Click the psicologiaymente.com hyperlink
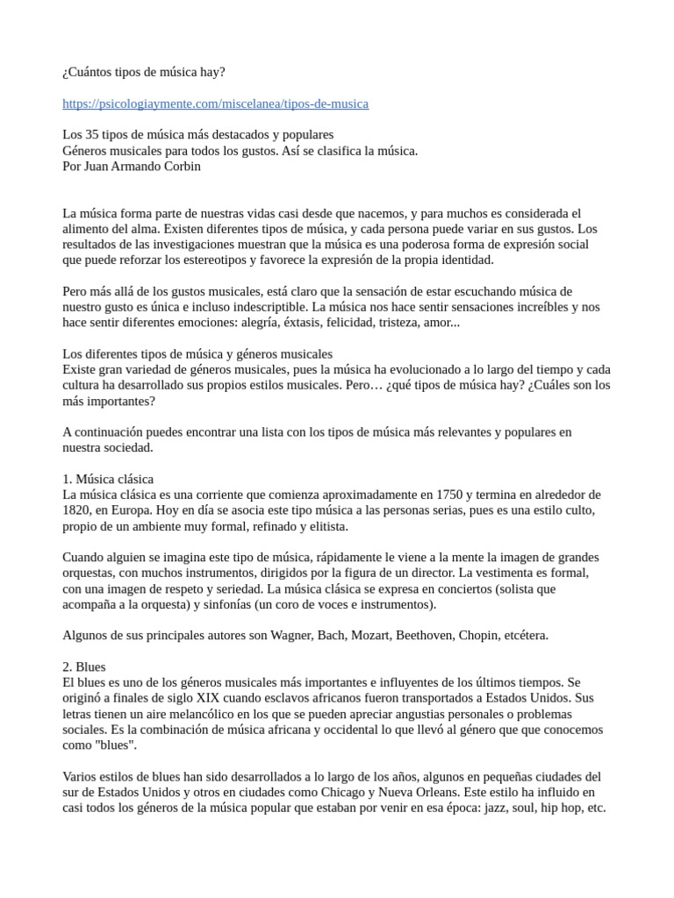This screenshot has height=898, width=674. click(215, 103)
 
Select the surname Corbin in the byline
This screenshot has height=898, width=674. click(181, 166)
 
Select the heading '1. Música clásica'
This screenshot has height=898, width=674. click(108, 479)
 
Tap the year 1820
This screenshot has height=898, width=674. click(77, 510)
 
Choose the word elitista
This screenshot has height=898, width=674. click(325, 525)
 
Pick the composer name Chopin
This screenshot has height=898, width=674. click(478, 635)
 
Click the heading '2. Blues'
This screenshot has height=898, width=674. click(84, 666)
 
